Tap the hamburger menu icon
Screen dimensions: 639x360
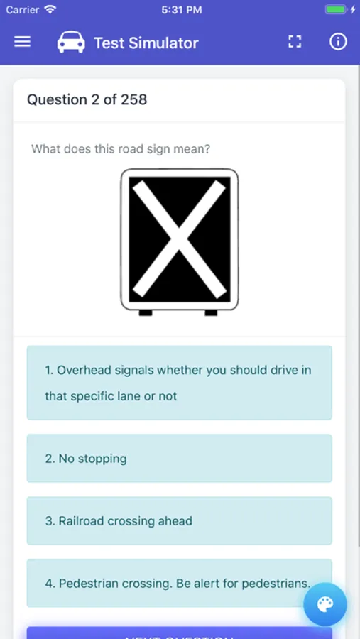tap(23, 42)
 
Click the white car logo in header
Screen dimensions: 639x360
tap(71, 43)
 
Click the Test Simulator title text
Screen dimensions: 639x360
tap(146, 43)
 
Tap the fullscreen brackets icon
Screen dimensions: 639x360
tap(295, 42)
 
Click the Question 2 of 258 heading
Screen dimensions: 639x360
tap(87, 99)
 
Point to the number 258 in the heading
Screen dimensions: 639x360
tap(134, 99)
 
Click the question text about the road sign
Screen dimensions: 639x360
tap(121, 149)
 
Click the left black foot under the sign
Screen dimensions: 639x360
tap(146, 312)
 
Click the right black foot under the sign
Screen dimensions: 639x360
tap(211, 312)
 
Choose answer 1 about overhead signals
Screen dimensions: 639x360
tap(179, 383)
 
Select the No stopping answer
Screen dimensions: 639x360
tap(179, 459)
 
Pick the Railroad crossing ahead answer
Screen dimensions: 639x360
tap(179, 521)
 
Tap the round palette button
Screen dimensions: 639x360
tap(324, 604)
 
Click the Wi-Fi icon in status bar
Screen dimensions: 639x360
tap(50, 10)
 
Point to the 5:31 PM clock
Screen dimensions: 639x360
tap(180, 10)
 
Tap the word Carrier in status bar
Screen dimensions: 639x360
tap(23, 10)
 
